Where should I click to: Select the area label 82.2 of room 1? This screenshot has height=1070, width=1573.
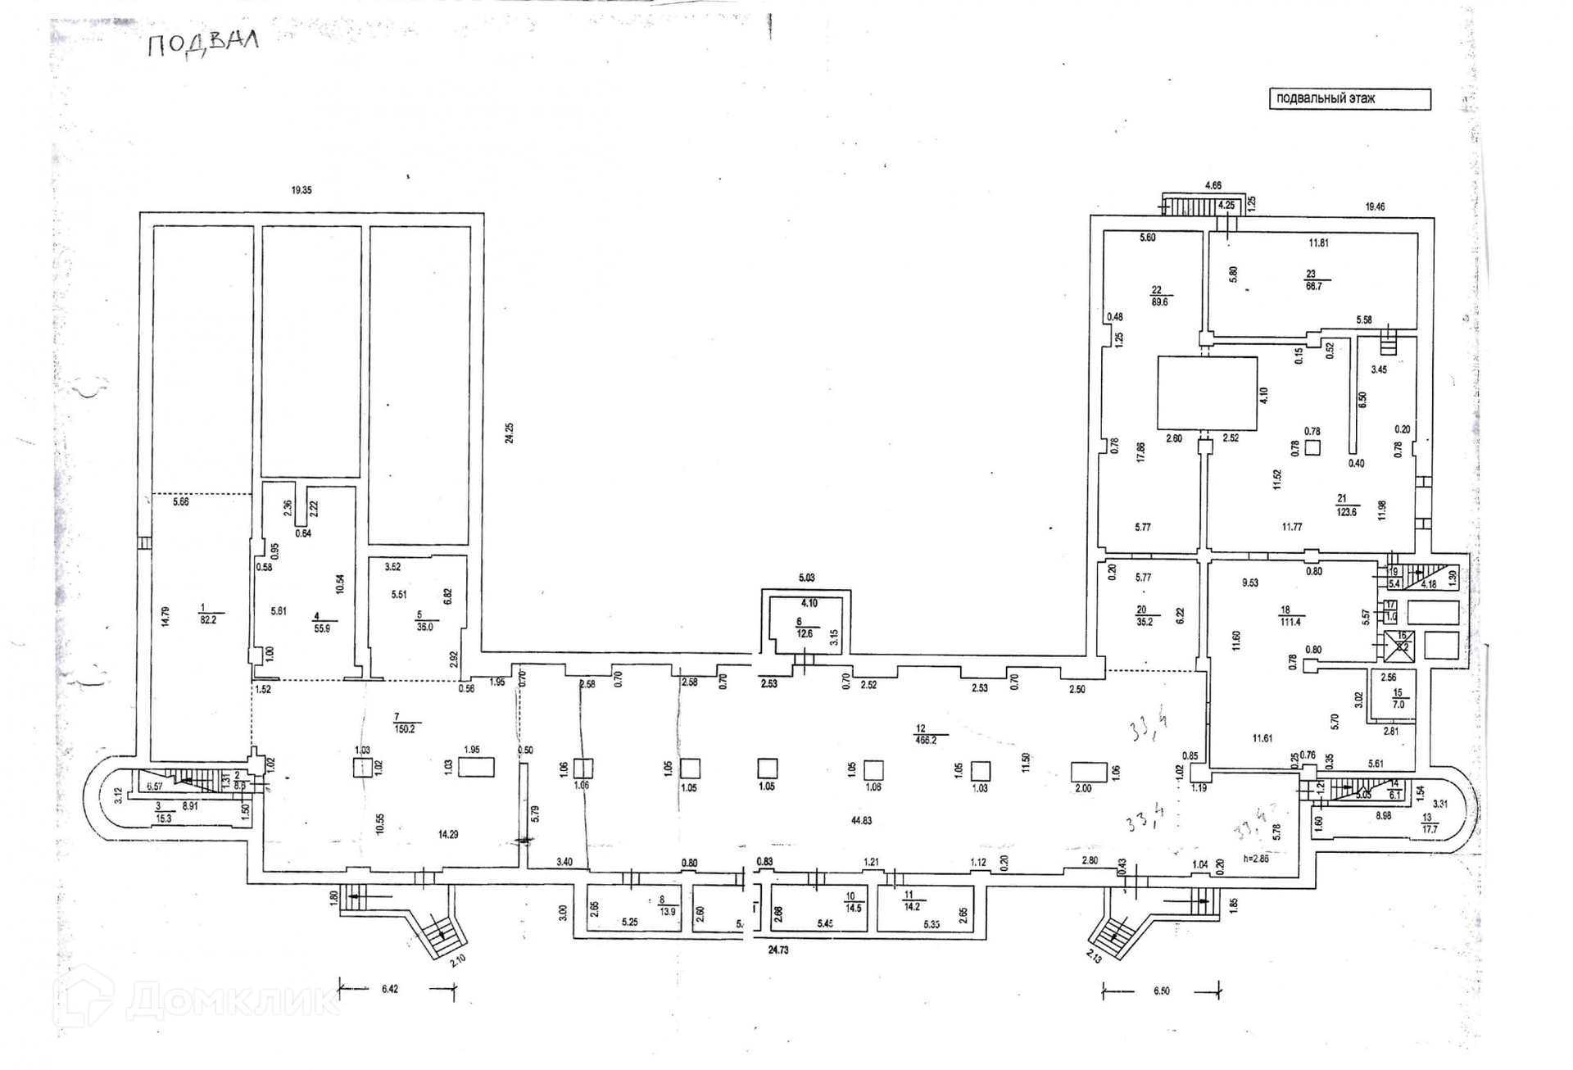pyautogui.click(x=209, y=620)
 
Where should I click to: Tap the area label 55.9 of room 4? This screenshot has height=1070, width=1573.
pyautogui.click(x=322, y=628)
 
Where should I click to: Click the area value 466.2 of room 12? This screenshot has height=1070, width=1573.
pyautogui.click(x=925, y=740)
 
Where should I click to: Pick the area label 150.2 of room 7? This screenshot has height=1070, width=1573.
pyautogui.click(x=405, y=728)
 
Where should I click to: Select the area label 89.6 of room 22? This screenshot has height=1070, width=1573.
pyautogui.click(x=1159, y=302)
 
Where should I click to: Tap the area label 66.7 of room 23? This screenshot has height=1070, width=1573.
pyautogui.click(x=1313, y=286)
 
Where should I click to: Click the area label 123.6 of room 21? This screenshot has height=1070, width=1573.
pyautogui.click(x=1346, y=512)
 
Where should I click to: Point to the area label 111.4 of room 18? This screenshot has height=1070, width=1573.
pyautogui.click(x=1290, y=622)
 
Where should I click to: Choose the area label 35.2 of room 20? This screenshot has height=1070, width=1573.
pyautogui.click(x=1145, y=622)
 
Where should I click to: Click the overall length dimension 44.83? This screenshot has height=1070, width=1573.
pyautogui.click(x=861, y=820)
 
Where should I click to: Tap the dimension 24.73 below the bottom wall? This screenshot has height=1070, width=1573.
pyautogui.click(x=778, y=950)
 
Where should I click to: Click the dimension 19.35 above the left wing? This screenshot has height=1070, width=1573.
pyautogui.click(x=301, y=190)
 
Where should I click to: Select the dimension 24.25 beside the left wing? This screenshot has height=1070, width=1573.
pyautogui.click(x=510, y=433)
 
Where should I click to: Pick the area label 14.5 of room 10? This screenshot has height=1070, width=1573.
pyautogui.click(x=854, y=908)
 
